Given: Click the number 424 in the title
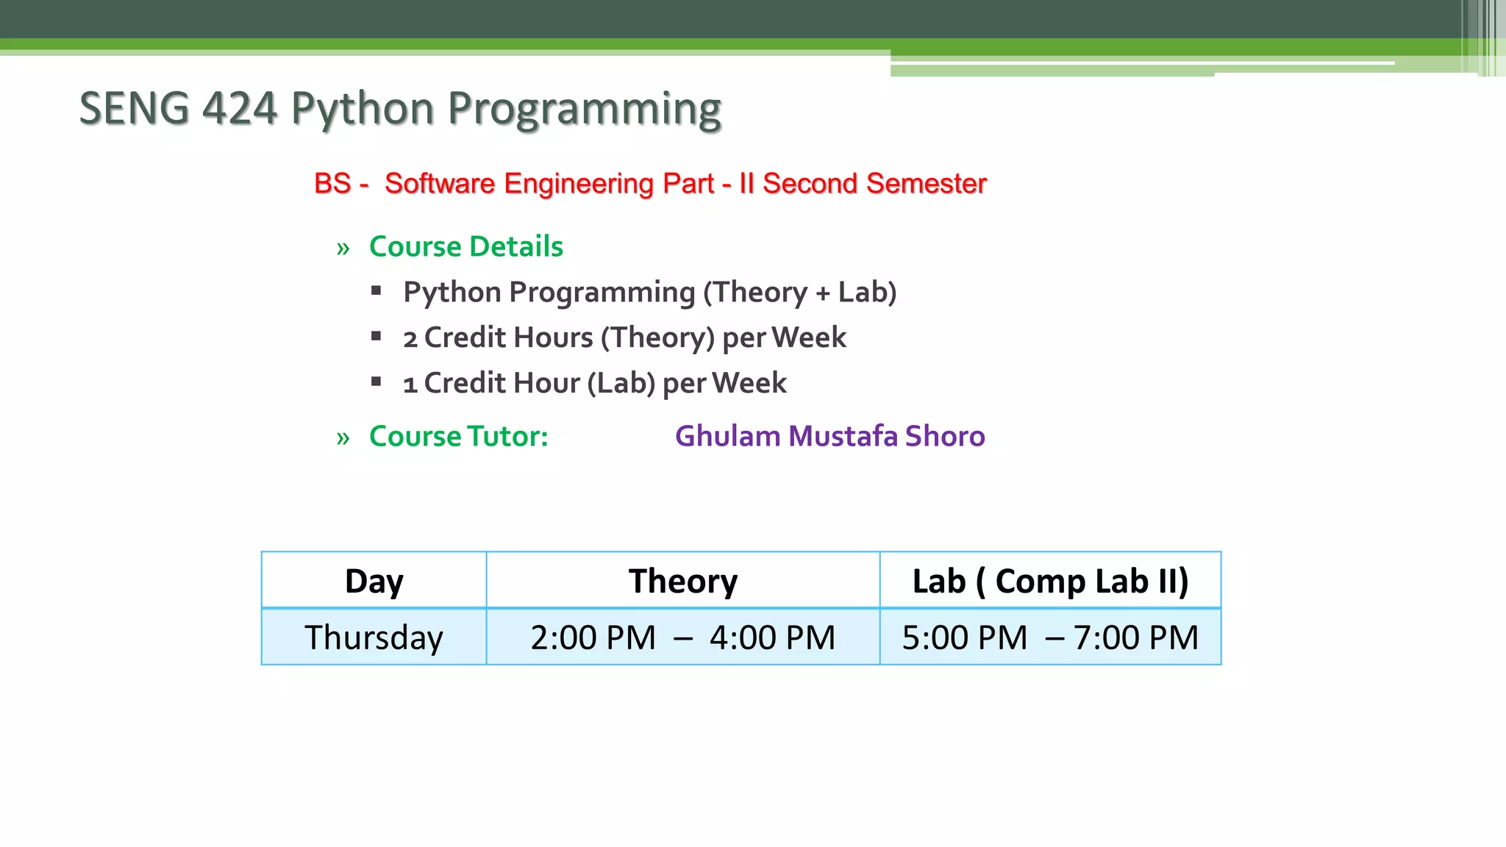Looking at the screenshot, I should [239, 109].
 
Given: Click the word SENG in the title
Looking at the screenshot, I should [134, 109].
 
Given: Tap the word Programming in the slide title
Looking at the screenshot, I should [585, 110].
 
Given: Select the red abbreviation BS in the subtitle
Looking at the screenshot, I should [332, 184].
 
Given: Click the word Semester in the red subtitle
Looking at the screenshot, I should [926, 184].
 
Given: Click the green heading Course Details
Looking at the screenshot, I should [465, 246].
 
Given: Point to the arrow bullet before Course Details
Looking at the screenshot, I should [343, 249].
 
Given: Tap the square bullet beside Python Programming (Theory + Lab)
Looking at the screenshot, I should [376, 291].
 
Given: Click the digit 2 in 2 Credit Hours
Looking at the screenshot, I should [410, 339].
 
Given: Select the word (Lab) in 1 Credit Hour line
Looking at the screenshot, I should [621, 383].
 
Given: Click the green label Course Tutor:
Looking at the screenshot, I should [458, 436].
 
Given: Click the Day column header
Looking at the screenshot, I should [374, 581].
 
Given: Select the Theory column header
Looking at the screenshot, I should [682, 581].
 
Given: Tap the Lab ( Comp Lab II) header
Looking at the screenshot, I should [1049, 581].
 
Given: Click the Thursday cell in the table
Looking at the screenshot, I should [374, 637].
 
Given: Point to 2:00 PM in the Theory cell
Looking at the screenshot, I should [593, 637].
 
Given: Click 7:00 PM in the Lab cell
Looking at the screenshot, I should [1135, 637].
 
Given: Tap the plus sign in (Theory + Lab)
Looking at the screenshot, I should [823, 293].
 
